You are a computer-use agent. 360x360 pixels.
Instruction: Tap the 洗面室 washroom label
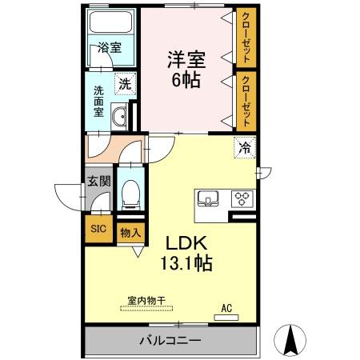[98, 101]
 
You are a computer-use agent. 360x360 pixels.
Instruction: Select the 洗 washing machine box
[126, 82]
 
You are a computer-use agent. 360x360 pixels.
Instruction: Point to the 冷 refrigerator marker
[246, 147]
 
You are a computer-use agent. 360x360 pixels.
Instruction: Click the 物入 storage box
[130, 232]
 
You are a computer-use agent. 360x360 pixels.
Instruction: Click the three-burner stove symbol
[242, 198]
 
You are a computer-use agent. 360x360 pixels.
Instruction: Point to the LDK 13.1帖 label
[188, 253]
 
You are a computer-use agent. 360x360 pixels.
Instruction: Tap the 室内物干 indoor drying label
[146, 300]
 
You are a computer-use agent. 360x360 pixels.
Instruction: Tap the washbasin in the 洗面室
[119, 117]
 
